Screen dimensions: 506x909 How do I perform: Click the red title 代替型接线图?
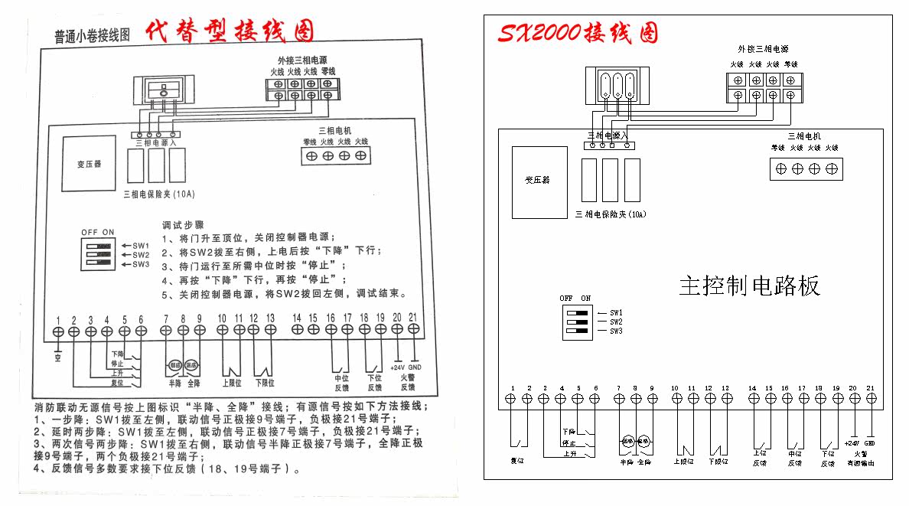pyautogui.click(x=230, y=31)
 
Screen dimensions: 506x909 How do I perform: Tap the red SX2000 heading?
pyautogui.click(x=577, y=33)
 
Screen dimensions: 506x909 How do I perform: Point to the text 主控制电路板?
pyautogui.click(x=749, y=286)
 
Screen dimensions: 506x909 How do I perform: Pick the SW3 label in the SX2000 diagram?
pyautogui.click(x=617, y=331)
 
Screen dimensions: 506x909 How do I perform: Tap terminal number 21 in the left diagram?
pyautogui.click(x=414, y=318)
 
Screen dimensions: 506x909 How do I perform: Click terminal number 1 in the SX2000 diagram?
pyautogui.click(x=511, y=388)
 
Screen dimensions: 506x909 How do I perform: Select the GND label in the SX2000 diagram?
pyautogui.click(x=869, y=442)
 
